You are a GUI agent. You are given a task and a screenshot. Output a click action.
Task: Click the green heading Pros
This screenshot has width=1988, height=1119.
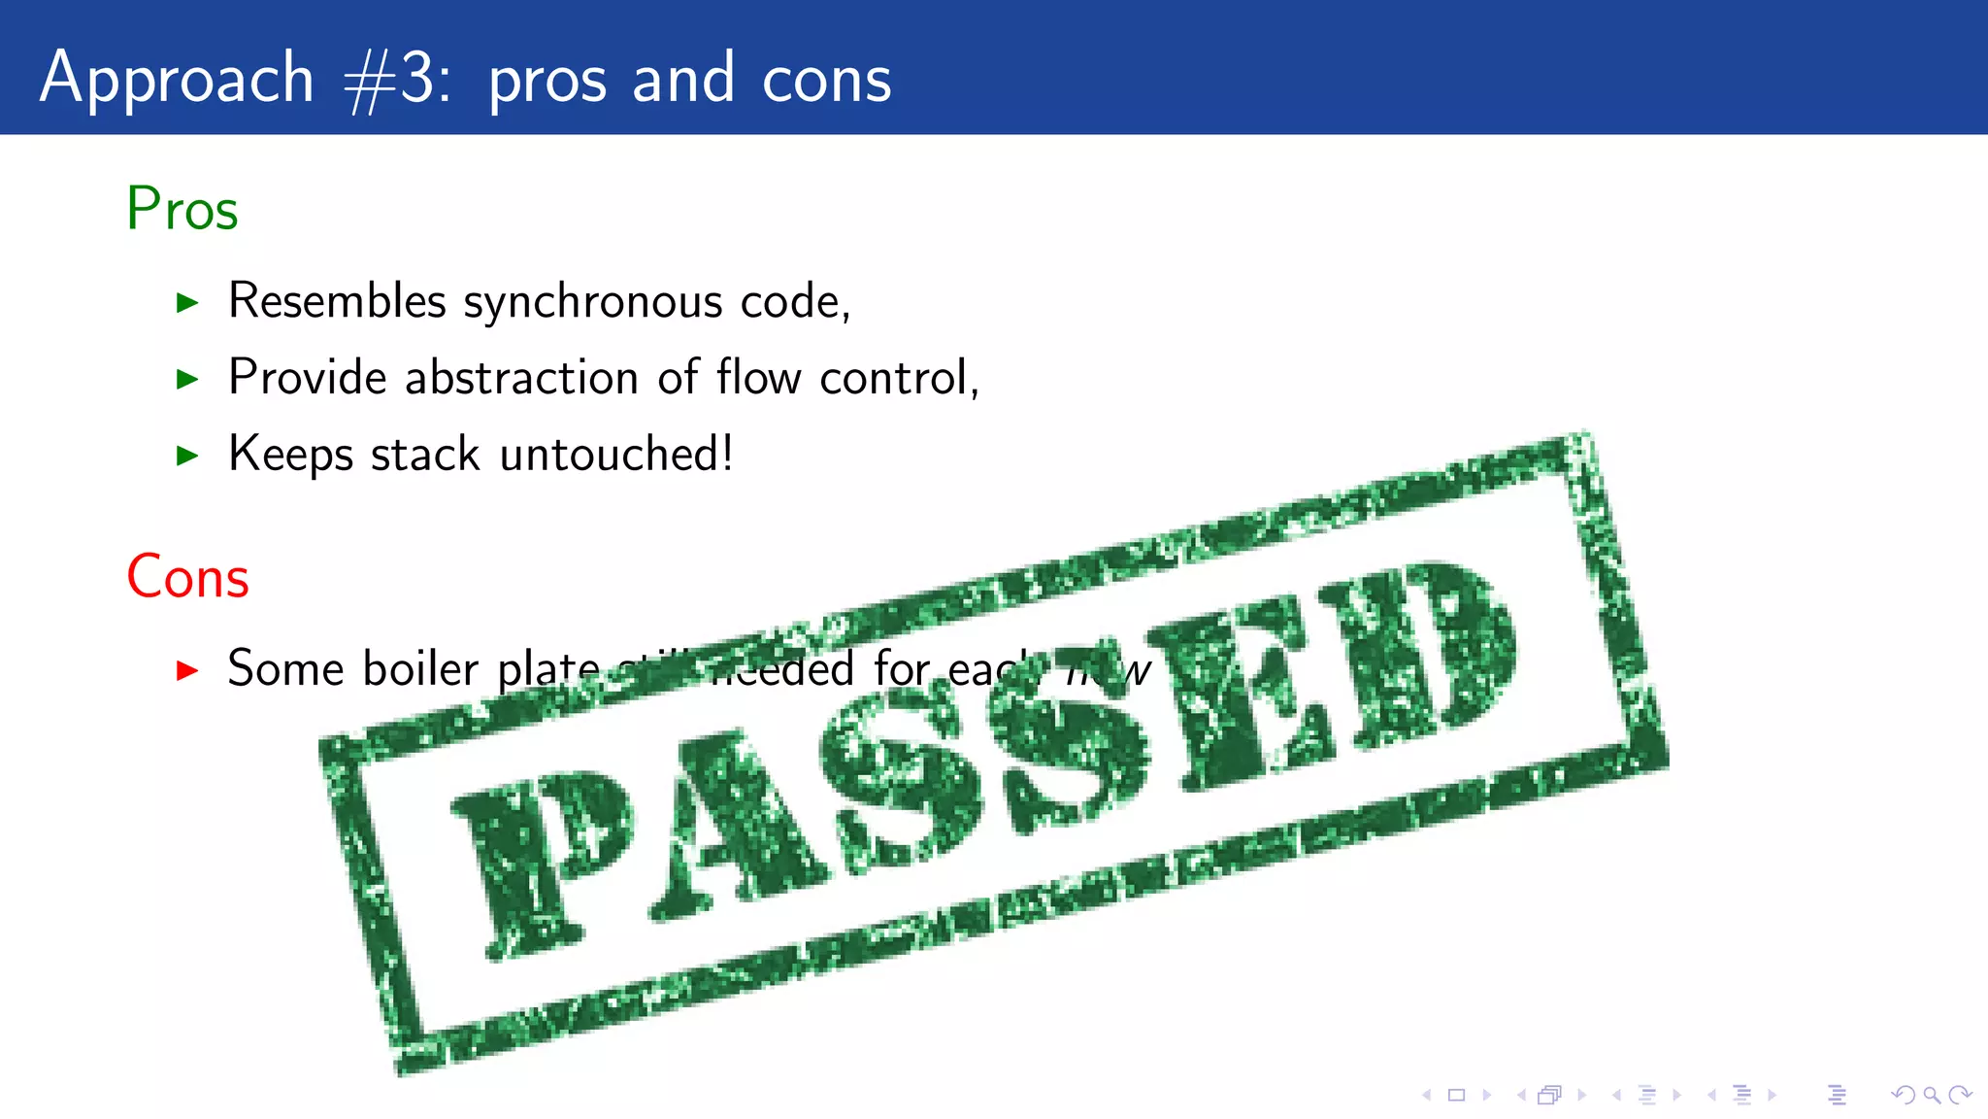(x=182, y=209)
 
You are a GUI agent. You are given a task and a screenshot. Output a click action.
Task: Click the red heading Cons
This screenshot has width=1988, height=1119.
(x=188, y=577)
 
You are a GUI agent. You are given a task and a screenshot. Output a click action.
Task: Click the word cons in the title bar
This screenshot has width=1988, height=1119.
(x=826, y=80)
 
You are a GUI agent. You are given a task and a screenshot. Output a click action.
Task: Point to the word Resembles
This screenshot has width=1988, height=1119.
(x=337, y=301)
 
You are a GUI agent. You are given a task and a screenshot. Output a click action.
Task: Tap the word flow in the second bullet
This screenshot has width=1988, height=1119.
(x=759, y=377)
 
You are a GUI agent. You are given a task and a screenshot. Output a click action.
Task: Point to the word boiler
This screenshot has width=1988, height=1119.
(x=420, y=669)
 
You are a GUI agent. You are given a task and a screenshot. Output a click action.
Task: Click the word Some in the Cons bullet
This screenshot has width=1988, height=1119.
(x=285, y=669)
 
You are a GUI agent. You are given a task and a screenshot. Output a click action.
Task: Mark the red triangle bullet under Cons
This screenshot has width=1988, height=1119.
(x=187, y=670)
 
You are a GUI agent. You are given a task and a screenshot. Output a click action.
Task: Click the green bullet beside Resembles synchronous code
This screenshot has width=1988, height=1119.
(x=187, y=303)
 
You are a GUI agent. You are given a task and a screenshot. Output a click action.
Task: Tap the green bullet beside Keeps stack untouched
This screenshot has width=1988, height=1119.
(x=187, y=456)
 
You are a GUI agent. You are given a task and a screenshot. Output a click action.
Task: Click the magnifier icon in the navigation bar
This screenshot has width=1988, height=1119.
(x=1932, y=1096)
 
